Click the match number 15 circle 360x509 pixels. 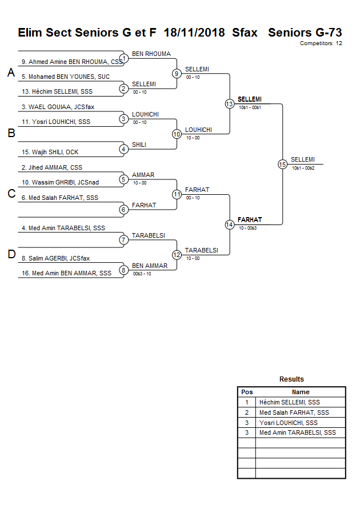282,164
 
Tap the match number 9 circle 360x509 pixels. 177,73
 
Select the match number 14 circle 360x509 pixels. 229,225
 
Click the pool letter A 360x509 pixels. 11,73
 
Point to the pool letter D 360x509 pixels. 11,255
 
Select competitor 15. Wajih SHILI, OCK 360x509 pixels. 50,152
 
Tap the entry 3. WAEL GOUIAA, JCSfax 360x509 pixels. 58,107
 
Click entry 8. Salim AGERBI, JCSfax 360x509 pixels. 55,258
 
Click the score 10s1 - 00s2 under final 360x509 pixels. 303,168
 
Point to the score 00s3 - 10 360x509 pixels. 142,274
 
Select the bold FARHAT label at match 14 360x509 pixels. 250,219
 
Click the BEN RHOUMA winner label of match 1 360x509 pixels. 151,54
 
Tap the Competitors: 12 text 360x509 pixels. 321,43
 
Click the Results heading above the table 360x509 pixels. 291,379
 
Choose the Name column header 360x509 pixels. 301,392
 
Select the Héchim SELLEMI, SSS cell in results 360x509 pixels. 289,402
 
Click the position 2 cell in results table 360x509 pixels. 246,412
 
